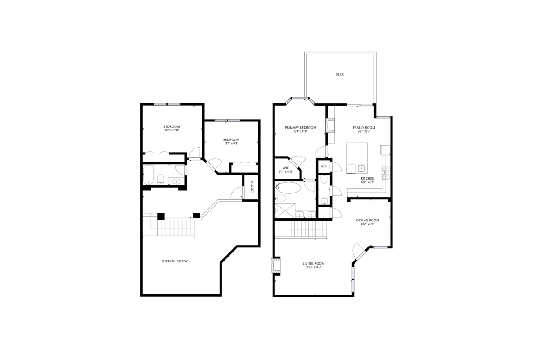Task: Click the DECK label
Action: [x=340, y=74]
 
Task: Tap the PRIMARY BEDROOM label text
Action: [x=301, y=128]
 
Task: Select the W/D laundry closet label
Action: [x=324, y=166]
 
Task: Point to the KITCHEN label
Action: [x=368, y=178]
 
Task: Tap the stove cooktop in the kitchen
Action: [x=386, y=171]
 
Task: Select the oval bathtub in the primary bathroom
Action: [x=288, y=187]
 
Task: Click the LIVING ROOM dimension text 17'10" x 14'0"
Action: [x=313, y=267]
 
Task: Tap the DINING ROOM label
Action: [x=368, y=220]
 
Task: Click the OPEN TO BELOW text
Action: [x=175, y=261]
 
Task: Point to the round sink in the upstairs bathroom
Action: [x=176, y=181]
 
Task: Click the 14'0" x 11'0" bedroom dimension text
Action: [x=171, y=130]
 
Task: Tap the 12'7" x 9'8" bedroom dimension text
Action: [x=231, y=143]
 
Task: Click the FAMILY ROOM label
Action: [x=364, y=128]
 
